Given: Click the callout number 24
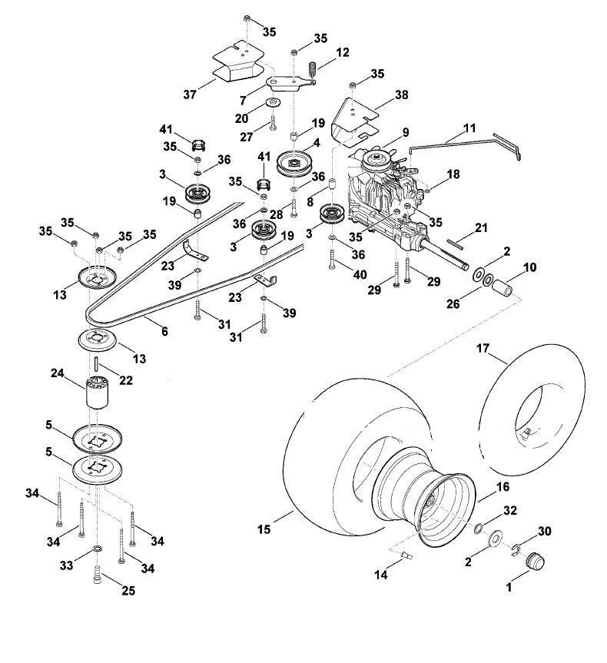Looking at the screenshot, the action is [57, 373].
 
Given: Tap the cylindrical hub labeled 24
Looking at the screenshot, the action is [98, 393].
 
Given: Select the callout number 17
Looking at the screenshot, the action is [483, 349].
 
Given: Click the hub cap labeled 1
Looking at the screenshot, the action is [535, 561].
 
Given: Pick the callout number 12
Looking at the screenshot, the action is [343, 52].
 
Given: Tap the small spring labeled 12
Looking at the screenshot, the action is [312, 70].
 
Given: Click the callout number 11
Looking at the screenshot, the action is [469, 128].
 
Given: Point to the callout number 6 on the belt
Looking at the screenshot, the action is [164, 331].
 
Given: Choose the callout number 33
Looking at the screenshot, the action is [66, 565].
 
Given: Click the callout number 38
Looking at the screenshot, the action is [401, 94].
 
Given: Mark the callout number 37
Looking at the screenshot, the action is [190, 94].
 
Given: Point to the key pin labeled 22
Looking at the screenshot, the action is [97, 363].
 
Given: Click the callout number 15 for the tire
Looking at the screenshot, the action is [264, 529].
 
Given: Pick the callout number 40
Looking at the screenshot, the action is [360, 275].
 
